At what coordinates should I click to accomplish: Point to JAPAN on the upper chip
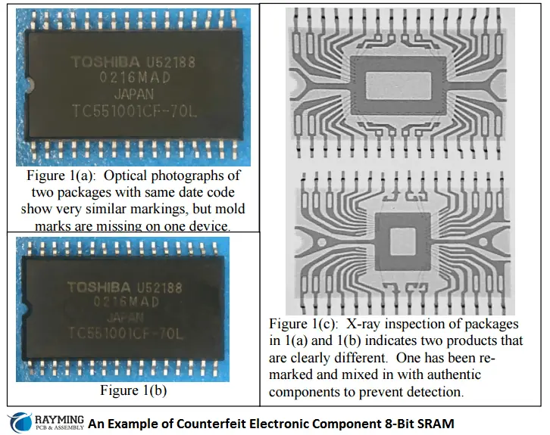click(x=133, y=95)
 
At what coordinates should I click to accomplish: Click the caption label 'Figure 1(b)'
click(x=133, y=391)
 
